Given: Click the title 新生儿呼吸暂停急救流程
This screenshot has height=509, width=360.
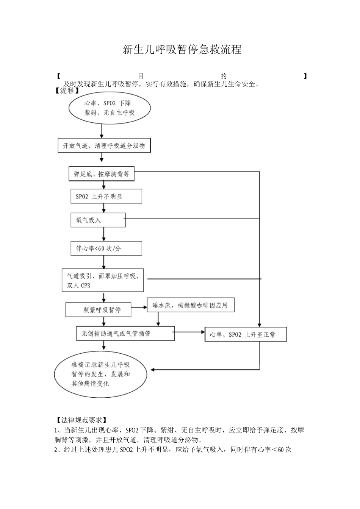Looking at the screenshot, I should [182, 50].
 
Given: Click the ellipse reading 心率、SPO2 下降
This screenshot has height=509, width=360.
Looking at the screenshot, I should [110, 108].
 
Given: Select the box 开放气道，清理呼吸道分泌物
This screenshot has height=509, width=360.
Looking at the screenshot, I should [104, 146].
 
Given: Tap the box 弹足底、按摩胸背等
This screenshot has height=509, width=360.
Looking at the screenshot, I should [102, 174].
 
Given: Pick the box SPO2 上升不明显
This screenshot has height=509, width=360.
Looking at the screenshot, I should [106, 197].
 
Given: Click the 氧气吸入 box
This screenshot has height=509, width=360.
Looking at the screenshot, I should [98, 220].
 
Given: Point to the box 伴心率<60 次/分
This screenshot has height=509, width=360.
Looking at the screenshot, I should [106, 248].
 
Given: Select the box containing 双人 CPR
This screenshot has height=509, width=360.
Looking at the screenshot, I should [103, 280].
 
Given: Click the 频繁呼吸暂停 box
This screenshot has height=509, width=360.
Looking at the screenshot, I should [99, 309].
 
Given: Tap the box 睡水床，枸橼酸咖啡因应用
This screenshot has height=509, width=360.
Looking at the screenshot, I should [190, 305].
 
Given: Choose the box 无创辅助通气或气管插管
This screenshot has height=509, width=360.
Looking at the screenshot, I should [125, 334].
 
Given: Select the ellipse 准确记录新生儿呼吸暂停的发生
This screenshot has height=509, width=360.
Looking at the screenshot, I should [100, 374].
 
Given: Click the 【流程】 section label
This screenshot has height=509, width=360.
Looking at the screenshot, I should [68, 91].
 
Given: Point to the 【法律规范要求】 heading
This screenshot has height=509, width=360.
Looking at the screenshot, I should [81, 420].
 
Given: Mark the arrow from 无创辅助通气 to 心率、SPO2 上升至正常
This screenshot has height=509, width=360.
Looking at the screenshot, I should [189, 333].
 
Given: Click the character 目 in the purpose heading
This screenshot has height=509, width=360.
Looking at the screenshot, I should [141, 76].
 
